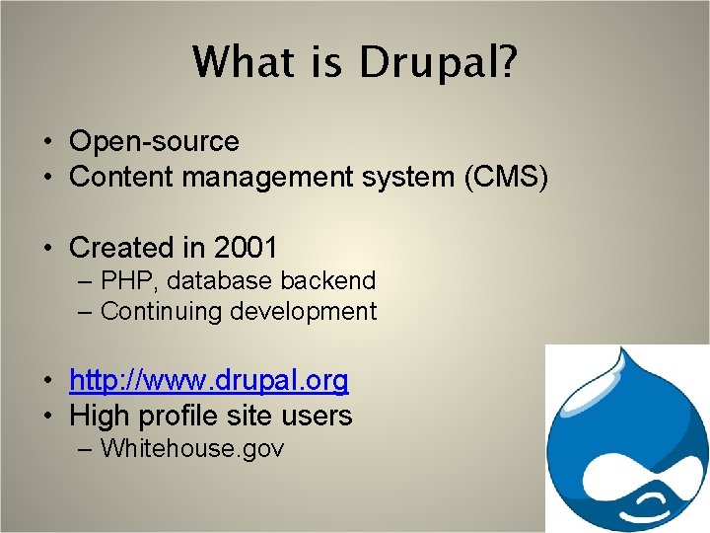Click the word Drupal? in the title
439,62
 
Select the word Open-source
154,142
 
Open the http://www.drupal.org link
209,380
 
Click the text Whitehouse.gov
192,449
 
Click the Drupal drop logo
627,439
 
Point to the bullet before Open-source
47,143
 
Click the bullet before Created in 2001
47,248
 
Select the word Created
118,247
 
